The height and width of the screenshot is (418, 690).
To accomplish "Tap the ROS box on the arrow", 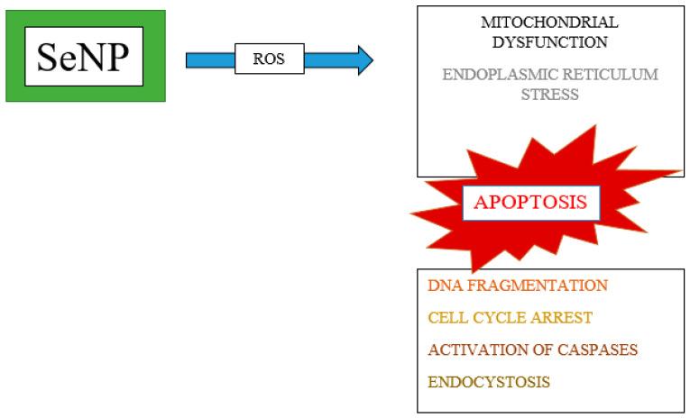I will (270, 60).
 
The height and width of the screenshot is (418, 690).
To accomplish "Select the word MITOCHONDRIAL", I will (550, 23).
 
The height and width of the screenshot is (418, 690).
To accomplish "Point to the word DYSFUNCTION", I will (550, 41).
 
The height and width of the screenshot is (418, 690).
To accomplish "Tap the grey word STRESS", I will (550, 94).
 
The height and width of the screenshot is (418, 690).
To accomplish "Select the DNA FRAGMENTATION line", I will (517, 286).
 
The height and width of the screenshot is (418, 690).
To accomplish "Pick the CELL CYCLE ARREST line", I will (511, 317).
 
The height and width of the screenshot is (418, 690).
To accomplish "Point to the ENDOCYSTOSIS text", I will (488, 381).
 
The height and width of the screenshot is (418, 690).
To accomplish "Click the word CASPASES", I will (593, 349).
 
